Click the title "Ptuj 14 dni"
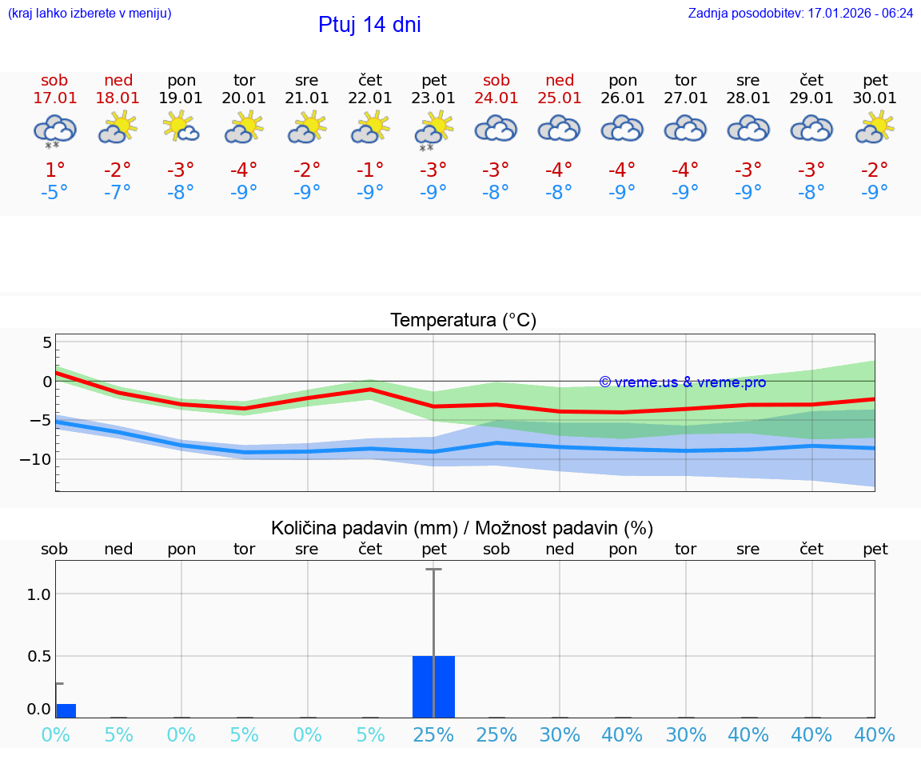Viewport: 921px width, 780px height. point(369,25)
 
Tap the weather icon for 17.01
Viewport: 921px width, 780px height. point(54,130)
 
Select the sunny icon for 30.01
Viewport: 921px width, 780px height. point(875,128)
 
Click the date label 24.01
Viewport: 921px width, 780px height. point(496,98)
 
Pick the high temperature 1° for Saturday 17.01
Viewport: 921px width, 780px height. point(54,170)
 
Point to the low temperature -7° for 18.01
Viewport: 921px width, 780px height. point(118,192)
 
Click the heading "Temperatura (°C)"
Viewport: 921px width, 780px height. point(463,321)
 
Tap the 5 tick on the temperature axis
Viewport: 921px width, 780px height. point(47,342)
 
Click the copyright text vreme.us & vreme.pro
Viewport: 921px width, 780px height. point(683,382)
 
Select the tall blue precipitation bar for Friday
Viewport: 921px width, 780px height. point(433,686)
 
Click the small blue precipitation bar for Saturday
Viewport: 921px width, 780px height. point(66,710)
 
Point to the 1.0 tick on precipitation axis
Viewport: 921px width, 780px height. point(39,594)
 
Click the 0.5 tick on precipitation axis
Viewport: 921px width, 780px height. point(39,656)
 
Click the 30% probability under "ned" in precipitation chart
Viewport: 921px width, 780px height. point(560,734)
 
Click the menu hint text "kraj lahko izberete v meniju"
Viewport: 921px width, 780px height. point(90,14)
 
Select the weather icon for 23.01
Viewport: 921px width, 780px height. point(433,130)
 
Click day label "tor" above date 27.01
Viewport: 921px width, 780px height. point(685,80)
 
